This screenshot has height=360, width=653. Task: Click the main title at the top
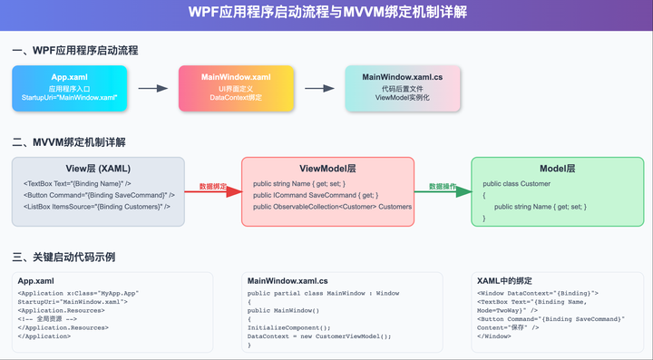click(326, 14)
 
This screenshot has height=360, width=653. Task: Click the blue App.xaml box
click(69, 88)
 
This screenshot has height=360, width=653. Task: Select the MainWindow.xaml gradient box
click(236, 88)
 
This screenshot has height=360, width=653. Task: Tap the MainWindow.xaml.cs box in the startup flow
click(403, 88)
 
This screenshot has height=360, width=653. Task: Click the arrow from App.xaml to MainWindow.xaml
click(152, 89)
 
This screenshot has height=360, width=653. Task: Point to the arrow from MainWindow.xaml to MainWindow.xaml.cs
click(319, 89)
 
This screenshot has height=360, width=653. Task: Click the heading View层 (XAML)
click(98, 169)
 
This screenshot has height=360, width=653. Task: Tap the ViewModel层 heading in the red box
click(327, 169)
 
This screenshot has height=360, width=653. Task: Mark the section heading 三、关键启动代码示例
click(63, 257)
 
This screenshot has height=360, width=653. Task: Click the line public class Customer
click(516, 184)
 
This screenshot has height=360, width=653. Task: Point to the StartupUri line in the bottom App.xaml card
click(73, 302)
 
